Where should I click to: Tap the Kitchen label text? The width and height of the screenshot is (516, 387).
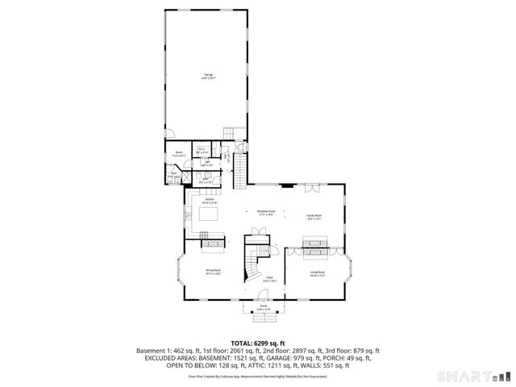point(209,200)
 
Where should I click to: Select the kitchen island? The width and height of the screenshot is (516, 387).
point(208,217)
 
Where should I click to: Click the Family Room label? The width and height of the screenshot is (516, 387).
point(314,216)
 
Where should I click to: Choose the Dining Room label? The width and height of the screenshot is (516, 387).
point(213,271)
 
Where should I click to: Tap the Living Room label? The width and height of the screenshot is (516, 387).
point(318,273)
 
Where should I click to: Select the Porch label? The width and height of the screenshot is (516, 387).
point(264,306)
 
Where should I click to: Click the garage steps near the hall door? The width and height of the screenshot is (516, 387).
point(228,133)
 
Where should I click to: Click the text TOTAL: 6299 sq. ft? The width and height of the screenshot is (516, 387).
point(258,343)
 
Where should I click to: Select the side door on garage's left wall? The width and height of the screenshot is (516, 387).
point(168,134)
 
